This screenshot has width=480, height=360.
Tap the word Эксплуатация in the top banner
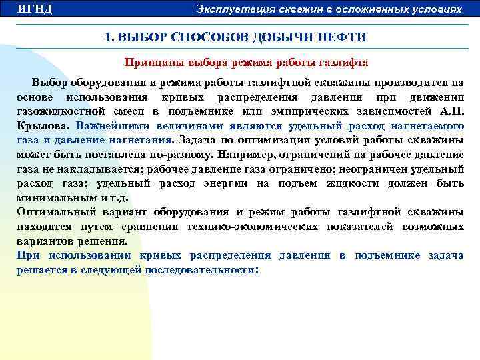[x=227, y=9]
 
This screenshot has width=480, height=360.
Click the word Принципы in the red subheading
[x=149, y=63]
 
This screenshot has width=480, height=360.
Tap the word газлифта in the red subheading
[x=345, y=63]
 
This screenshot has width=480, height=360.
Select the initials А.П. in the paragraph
[x=453, y=111]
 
